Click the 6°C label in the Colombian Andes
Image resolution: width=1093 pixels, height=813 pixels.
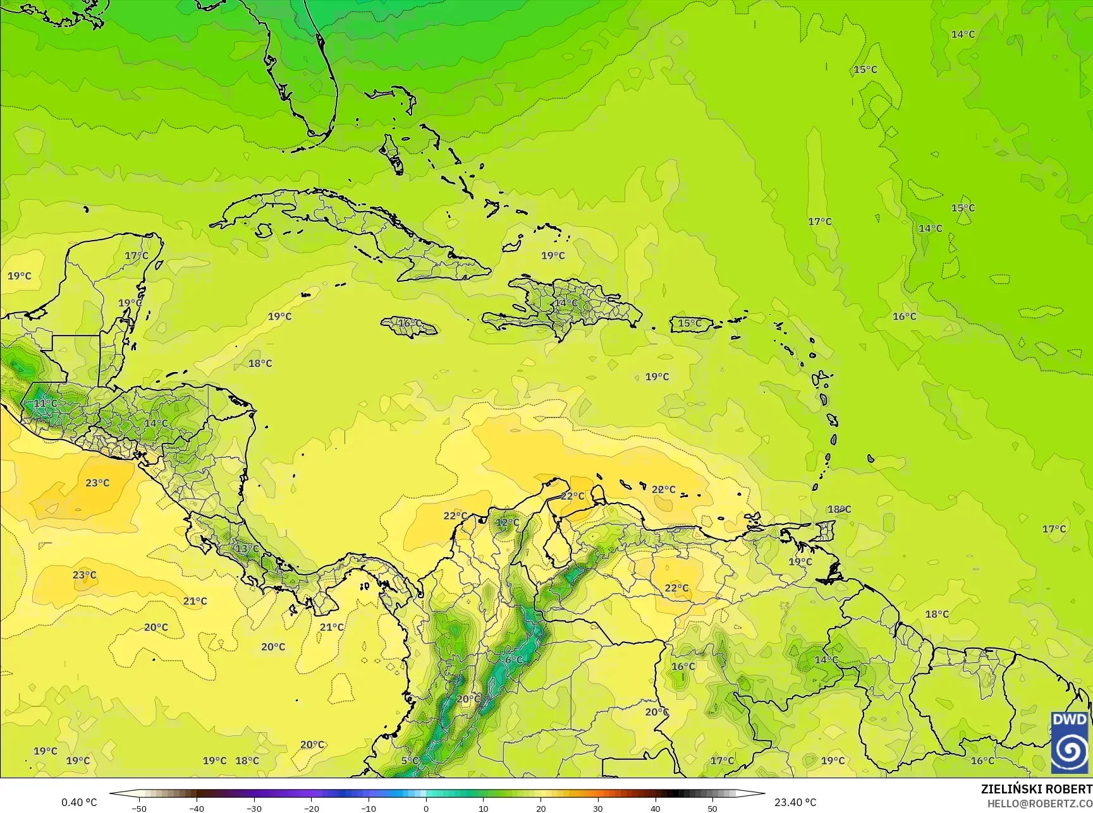click(x=513, y=660)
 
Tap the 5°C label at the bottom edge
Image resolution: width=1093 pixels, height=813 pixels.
click(x=409, y=761)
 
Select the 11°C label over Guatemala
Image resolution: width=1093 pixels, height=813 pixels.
click(x=45, y=403)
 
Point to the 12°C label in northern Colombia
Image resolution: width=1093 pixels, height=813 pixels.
click(x=506, y=522)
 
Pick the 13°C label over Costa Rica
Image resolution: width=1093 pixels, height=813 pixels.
click(x=247, y=548)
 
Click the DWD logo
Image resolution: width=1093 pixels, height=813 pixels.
click(x=1070, y=742)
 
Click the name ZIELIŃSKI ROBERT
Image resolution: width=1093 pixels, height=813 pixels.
click(x=1036, y=789)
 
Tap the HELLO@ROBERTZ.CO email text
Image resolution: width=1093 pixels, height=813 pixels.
click(x=1040, y=803)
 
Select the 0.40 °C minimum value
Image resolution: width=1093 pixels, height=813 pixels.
click(x=79, y=802)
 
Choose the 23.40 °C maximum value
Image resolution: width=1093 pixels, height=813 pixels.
click(x=795, y=802)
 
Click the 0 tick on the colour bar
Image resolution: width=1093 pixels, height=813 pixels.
click(x=426, y=809)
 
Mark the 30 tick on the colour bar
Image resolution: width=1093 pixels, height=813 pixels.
click(x=598, y=809)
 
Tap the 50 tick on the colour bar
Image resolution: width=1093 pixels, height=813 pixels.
click(x=712, y=809)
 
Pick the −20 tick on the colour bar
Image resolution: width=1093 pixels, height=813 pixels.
click(x=311, y=809)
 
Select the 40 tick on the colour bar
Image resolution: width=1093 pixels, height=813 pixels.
click(x=656, y=809)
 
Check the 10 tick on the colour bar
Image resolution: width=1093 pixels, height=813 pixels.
click(x=484, y=809)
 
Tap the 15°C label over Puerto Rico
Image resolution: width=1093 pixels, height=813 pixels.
click(x=690, y=323)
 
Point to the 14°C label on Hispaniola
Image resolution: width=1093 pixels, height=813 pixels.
click(x=565, y=303)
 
